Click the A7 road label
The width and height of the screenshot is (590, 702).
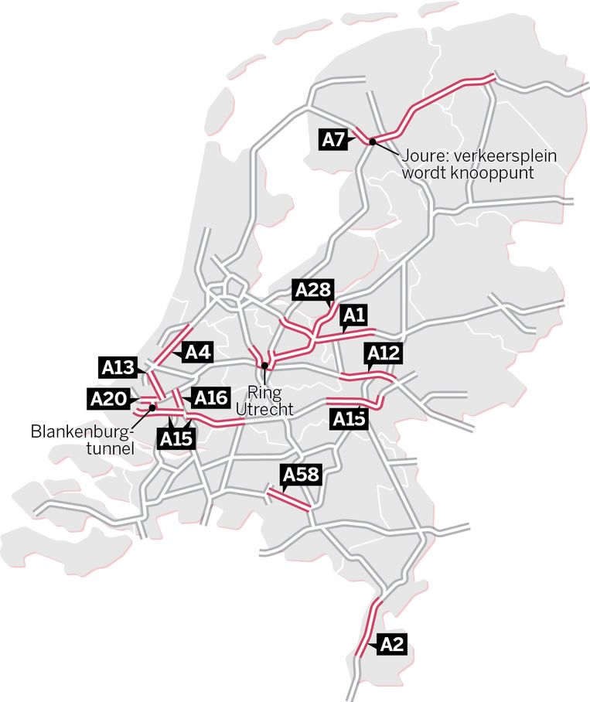point(333,140)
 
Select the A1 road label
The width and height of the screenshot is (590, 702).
point(353,315)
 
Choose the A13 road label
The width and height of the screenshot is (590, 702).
point(119,366)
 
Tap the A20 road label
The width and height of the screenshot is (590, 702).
point(107,399)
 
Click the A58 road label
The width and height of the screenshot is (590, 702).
point(300,474)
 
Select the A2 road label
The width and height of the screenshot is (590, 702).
point(391,644)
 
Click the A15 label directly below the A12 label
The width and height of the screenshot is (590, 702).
point(348,418)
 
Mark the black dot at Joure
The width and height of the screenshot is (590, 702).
point(372,141)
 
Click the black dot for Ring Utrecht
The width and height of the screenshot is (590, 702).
point(264,366)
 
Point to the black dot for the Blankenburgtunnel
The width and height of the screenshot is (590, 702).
point(153,407)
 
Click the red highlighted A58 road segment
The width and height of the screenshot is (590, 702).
point(288,499)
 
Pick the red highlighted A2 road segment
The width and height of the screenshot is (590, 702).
point(368,628)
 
